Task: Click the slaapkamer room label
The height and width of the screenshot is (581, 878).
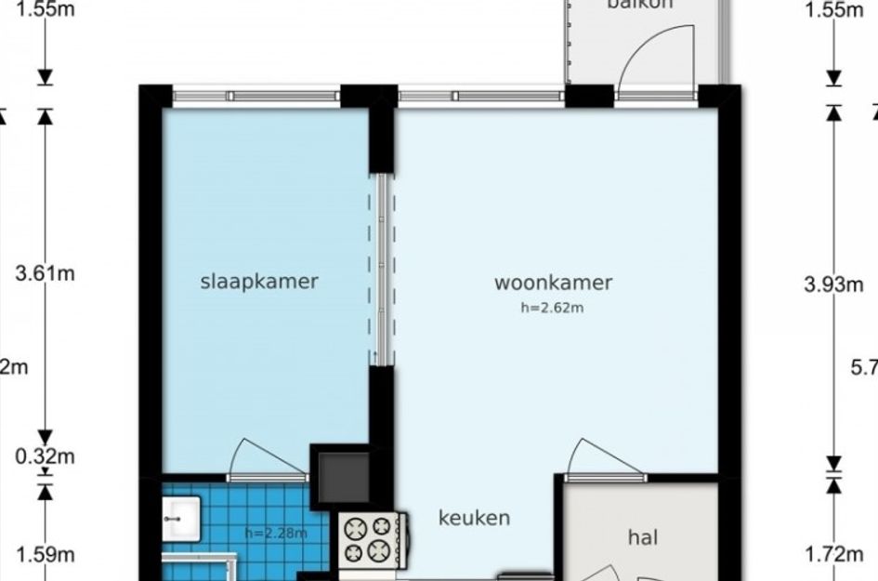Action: click(x=259, y=282)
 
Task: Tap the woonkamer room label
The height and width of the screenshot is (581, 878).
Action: click(x=553, y=283)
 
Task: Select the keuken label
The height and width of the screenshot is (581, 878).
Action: click(x=474, y=518)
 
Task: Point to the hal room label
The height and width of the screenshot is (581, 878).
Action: click(x=643, y=537)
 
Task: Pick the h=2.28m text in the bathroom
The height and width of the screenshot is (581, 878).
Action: click(x=275, y=533)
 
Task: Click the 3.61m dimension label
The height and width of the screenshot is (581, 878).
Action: click(x=46, y=273)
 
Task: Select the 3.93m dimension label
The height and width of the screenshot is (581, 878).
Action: click(x=833, y=284)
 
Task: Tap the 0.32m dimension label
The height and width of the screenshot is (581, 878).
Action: click(x=46, y=456)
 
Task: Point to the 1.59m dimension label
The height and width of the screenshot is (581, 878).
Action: click(x=46, y=555)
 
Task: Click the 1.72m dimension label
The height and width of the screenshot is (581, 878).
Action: click(x=833, y=555)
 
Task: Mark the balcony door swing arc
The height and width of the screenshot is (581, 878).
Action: click(x=654, y=60)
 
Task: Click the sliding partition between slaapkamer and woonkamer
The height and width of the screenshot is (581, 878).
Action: click(x=382, y=270)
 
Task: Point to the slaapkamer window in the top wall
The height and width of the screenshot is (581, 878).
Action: click(x=256, y=95)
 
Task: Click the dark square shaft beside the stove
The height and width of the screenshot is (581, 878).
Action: click(x=341, y=476)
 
